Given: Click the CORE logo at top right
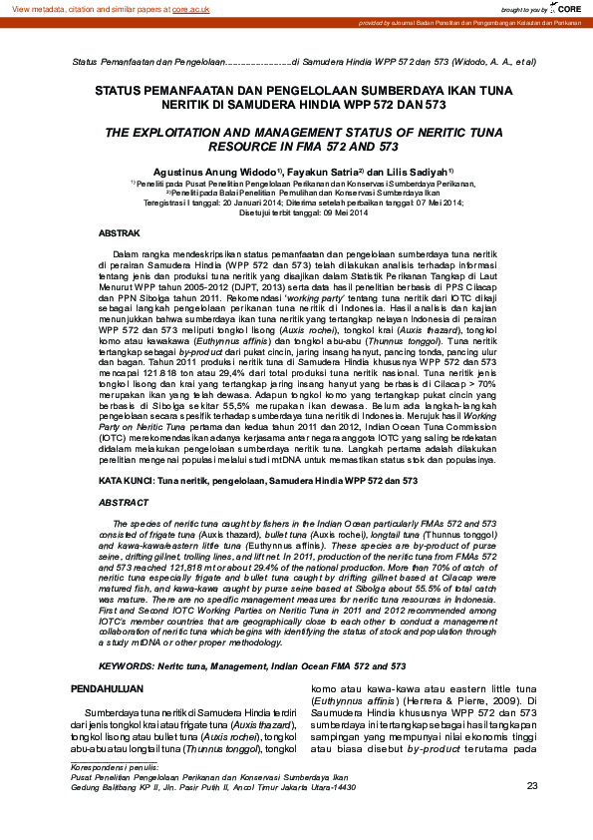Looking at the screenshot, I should coord(569,8).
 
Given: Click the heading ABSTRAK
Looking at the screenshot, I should coord(120,231).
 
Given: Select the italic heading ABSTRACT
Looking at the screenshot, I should coord(124,503).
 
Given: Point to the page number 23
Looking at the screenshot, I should coord(532,786).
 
